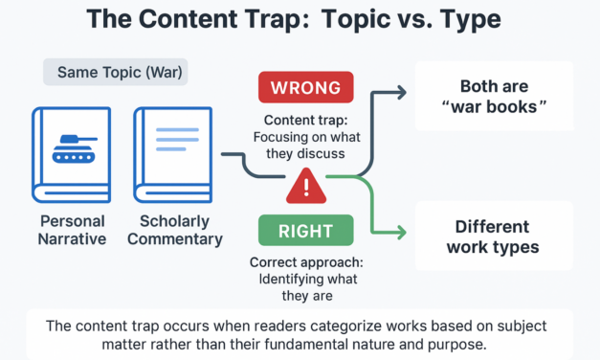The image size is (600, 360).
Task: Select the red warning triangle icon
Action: click(x=306, y=185)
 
